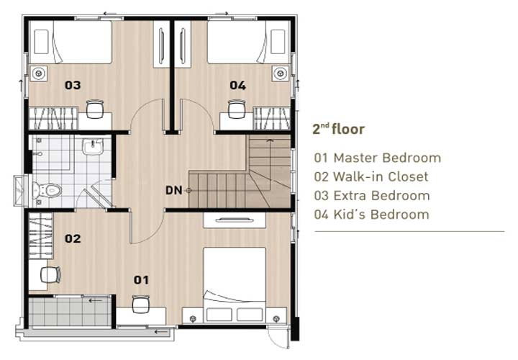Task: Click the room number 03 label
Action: (x=73, y=85)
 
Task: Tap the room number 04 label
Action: (x=238, y=86)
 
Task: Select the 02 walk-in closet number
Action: (x=73, y=238)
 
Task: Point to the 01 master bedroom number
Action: (x=141, y=280)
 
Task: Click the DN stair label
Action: (x=174, y=190)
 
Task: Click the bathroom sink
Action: (x=93, y=147)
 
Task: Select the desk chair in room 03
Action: (x=95, y=109)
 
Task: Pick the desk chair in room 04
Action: (x=237, y=109)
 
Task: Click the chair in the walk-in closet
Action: (x=50, y=275)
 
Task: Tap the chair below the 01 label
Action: (x=141, y=304)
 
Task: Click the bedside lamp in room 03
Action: (x=39, y=73)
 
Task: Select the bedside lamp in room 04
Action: (x=280, y=73)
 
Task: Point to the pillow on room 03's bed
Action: (x=41, y=42)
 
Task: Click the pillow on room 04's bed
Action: (x=278, y=42)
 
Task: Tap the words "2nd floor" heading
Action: (x=338, y=129)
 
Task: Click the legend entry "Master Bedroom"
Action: (x=387, y=158)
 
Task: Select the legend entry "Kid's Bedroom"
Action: (x=381, y=215)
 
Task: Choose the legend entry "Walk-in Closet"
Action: (x=381, y=177)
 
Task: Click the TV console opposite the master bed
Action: (x=235, y=220)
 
